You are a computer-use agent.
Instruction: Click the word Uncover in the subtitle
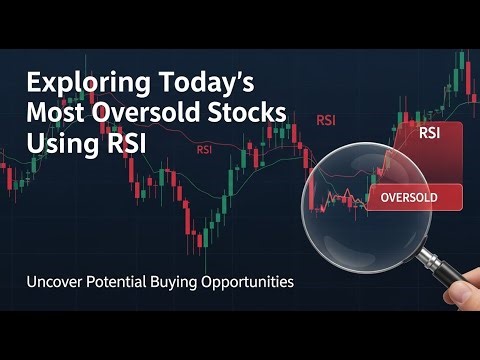click(54, 283)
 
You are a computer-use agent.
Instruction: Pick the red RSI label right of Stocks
click(325, 120)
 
